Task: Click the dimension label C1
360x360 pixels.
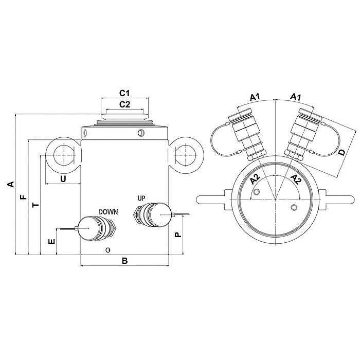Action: pos(124,94)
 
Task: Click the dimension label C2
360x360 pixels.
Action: pos(124,104)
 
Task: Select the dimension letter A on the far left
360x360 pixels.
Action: pos(9,184)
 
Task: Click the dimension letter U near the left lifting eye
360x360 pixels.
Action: pos(63,178)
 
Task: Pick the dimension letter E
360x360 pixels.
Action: pos(50,241)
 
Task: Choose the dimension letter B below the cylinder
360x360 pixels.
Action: pos(124,261)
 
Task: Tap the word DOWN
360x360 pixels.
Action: pos(109,211)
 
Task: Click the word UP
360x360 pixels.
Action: pos(141,198)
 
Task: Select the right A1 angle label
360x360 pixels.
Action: pos(296,97)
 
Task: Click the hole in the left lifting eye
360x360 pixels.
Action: pos(63,153)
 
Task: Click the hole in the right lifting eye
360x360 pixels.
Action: pos(186,153)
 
